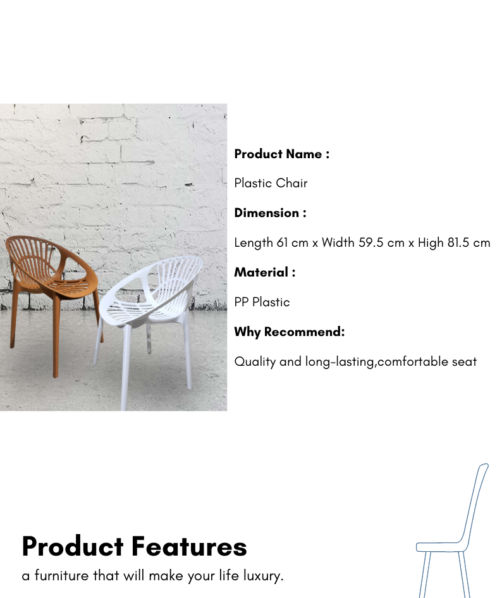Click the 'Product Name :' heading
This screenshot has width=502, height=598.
[282, 154]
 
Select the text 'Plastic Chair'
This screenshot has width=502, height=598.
[271, 183]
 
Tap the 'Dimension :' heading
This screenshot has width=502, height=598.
[270, 213]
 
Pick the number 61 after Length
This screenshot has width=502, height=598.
[282, 242]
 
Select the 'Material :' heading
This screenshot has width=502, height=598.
[264, 272]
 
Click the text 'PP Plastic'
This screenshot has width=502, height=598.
[262, 302]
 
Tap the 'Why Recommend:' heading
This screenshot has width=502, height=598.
[290, 332]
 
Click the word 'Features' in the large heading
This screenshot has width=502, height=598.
[189, 547]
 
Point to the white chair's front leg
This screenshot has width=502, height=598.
[125, 366]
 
